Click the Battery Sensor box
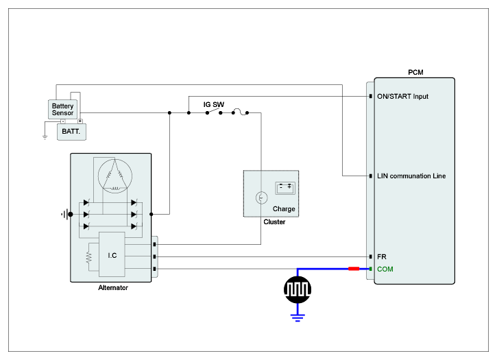(x=62, y=109)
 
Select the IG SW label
(x=213, y=105)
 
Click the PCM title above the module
(x=415, y=71)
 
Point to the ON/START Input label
(x=402, y=97)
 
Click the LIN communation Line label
(x=411, y=176)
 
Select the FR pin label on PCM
(x=382, y=256)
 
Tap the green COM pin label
(x=385, y=269)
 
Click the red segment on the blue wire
(x=354, y=269)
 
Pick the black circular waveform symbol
(x=297, y=289)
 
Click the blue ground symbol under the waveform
(x=297, y=316)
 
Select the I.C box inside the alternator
(x=112, y=255)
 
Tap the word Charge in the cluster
(x=284, y=209)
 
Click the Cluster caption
(x=274, y=222)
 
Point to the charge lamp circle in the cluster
(x=260, y=198)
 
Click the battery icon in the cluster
(x=284, y=187)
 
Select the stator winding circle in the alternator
(x=116, y=175)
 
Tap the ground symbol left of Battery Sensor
(x=45, y=136)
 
